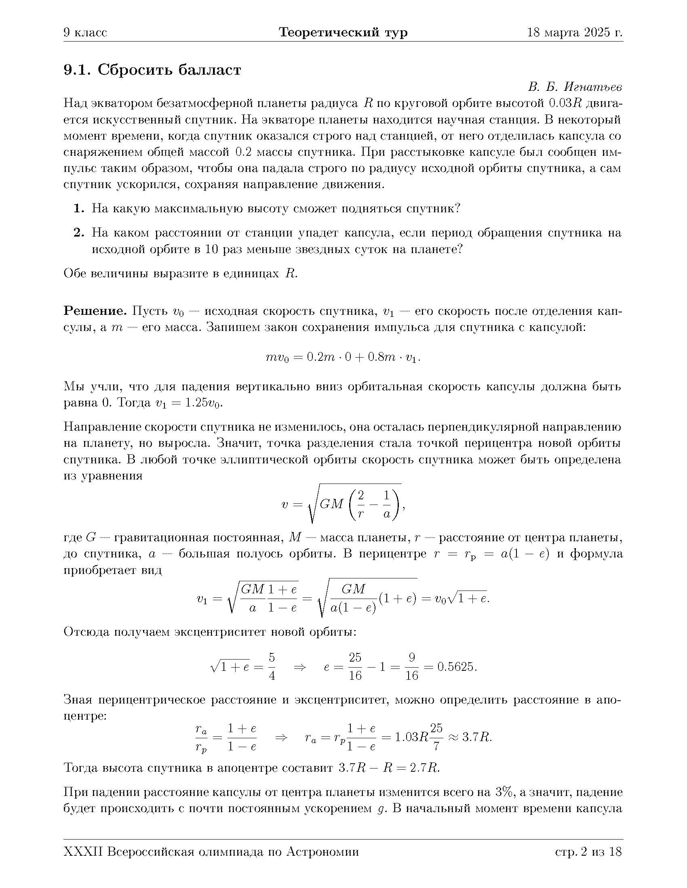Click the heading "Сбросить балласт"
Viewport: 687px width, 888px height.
point(169,70)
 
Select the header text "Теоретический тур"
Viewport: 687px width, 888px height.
point(343,33)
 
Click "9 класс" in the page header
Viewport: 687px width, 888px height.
point(85,33)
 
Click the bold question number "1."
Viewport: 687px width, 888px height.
point(79,209)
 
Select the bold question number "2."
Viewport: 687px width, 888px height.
point(79,233)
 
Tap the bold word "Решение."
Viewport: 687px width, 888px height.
point(95,312)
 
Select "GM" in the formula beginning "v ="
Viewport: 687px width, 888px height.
point(332,505)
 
